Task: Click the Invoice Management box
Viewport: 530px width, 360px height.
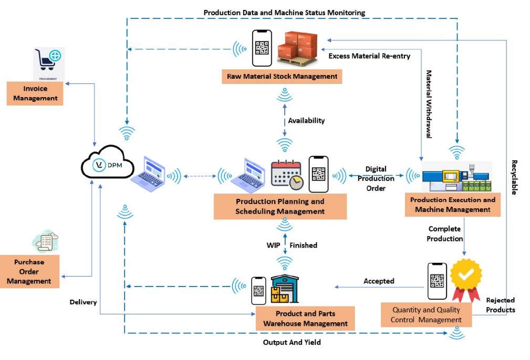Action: pos(35,93)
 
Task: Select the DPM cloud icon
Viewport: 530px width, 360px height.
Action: pos(105,164)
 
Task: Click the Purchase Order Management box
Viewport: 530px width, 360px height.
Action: pos(29,271)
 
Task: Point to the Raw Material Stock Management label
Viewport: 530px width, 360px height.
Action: pos(282,77)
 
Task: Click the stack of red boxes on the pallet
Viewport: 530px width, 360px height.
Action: pos(297,46)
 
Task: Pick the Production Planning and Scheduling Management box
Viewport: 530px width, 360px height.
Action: pos(280,206)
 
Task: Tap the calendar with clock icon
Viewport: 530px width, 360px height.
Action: pos(286,174)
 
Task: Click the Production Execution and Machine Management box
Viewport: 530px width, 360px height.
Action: pos(453,205)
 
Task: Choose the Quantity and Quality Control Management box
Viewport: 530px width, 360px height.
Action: pos(426,315)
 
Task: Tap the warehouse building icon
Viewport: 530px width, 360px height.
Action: pos(284,289)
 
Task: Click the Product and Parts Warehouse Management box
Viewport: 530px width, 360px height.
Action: pos(305,319)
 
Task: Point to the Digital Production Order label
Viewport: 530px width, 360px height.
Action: pos(376,178)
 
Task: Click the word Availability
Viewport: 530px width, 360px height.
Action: pos(306,121)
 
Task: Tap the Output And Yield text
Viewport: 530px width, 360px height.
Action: pos(292,342)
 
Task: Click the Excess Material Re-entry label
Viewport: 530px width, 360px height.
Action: pos(369,56)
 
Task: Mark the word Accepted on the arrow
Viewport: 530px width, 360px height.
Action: pos(379,281)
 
